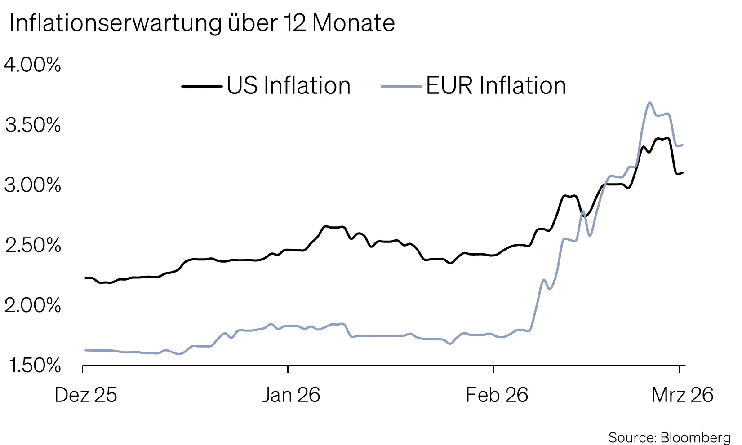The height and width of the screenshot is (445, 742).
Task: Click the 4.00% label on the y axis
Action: pos(32,65)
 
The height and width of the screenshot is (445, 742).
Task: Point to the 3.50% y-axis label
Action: pos(32,125)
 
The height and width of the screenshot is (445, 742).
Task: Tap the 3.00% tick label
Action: pos(32,185)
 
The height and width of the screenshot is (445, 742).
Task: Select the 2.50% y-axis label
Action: pos(32,246)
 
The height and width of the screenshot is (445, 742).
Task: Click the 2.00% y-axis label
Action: pos(32,306)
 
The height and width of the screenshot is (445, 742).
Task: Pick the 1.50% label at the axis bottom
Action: pos(34,366)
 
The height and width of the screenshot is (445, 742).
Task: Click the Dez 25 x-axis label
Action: pos(85,395)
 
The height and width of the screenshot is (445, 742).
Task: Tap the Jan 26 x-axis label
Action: pos(291,395)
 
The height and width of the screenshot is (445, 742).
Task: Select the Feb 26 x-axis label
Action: pos(497,395)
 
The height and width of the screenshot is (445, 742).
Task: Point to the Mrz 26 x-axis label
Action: pos(682,395)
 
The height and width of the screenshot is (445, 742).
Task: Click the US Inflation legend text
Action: pos(288,86)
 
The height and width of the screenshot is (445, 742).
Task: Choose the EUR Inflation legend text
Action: pos(496,86)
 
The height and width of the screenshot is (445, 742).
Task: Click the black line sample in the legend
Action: pos(202,86)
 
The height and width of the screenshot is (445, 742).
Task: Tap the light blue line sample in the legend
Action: pos(401,86)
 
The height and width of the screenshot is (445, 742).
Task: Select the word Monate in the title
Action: pos(353,23)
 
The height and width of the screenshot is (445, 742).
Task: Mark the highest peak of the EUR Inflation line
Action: pos(649,102)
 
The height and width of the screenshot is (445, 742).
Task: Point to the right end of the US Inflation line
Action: pos(683,172)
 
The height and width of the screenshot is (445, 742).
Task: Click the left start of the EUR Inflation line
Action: pos(85,350)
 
